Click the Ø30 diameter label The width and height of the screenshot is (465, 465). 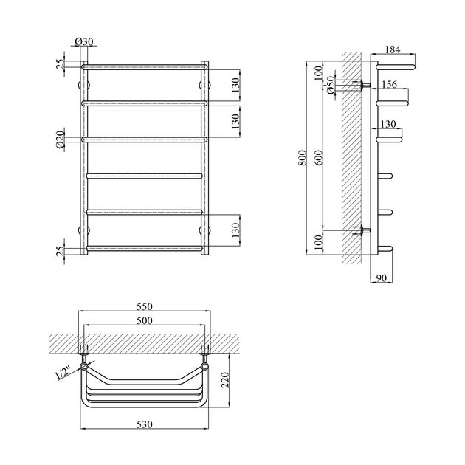coord(84,42)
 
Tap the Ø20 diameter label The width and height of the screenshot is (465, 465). coord(60,139)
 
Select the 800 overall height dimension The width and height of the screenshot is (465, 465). coord(302,158)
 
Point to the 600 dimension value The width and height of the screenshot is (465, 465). coord(318,158)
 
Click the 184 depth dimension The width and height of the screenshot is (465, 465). coord(393,49)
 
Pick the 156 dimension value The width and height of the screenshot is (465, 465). coord(389,85)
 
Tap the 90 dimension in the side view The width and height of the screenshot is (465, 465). coord(382,278)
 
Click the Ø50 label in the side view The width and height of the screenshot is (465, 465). coord(331,85)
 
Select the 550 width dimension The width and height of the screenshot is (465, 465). coord(145,306)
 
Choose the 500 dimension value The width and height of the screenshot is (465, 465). coord(145,320)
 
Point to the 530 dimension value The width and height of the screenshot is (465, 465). coord(145,424)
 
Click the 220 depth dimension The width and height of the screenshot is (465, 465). coord(225,380)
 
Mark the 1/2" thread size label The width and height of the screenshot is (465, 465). coord(63,373)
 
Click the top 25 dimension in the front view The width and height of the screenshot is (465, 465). coord(60,64)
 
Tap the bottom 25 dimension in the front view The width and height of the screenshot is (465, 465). coord(60,251)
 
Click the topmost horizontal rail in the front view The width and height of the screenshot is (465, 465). coord(145,67)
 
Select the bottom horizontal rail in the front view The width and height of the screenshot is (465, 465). coord(145,248)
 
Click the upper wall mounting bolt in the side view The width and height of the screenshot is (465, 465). coord(362,85)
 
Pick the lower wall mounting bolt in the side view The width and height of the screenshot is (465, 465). coord(362,230)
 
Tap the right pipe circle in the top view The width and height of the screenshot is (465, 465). coord(204,367)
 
